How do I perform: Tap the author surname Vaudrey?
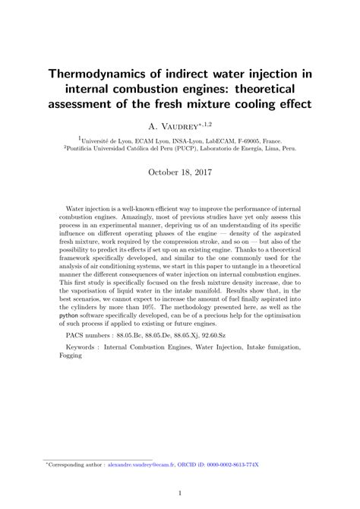(x=179, y=126)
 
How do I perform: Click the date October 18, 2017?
(x=179, y=173)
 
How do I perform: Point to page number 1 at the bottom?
(x=180, y=493)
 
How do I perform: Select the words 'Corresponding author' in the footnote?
(x=77, y=463)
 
